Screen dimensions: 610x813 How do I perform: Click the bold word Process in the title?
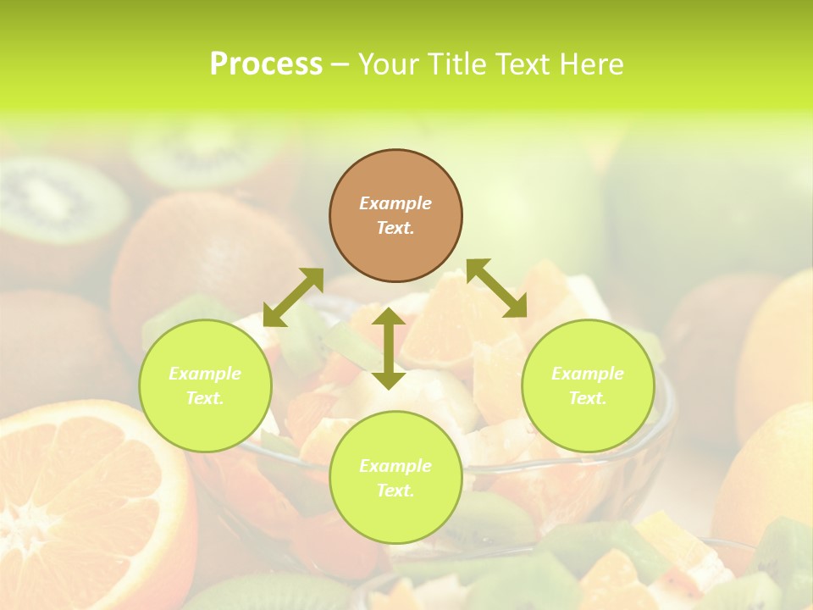(266, 64)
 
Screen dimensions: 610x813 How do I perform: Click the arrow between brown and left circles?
(293, 297)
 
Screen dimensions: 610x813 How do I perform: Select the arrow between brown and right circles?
(497, 288)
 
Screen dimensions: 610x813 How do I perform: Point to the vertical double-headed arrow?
(388, 348)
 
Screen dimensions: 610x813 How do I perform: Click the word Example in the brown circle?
(395, 203)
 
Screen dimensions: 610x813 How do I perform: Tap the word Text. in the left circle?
(205, 398)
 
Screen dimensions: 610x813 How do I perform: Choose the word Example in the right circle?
(588, 374)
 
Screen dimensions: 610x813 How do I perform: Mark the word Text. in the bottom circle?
(395, 491)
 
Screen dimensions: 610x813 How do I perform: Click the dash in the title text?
(340, 64)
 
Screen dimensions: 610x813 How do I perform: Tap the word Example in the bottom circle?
(395, 466)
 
